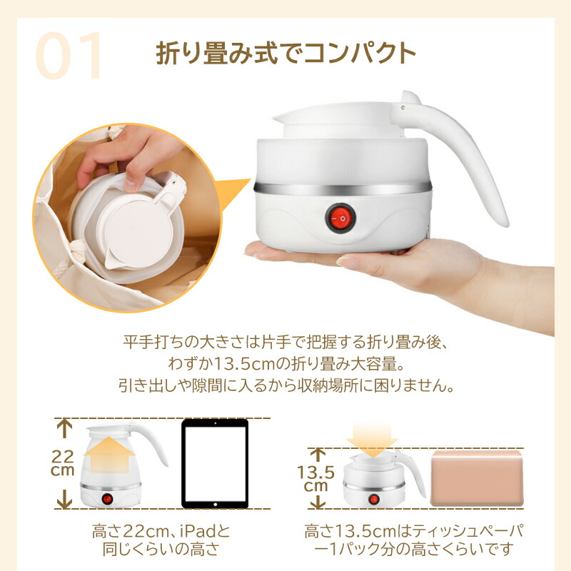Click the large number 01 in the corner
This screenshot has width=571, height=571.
pyautogui.click(x=68, y=56)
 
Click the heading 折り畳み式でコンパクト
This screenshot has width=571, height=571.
pyautogui.click(x=286, y=54)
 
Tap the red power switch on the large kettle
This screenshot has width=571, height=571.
pyautogui.click(x=340, y=218)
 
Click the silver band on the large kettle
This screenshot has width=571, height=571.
pyautogui.click(x=343, y=188)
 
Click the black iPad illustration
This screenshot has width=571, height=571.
pyautogui.click(x=215, y=463)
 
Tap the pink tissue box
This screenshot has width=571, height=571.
pyautogui.click(x=477, y=478)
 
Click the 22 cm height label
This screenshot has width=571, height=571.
pyautogui.click(x=63, y=463)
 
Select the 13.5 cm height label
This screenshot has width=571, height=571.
pyautogui.click(x=315, y=478)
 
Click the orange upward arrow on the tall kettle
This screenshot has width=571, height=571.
pyautogui.click(x=109, y=455)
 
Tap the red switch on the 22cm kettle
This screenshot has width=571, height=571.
pyautogui.click(x=107, y=498)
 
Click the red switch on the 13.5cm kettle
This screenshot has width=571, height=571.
pyautogui.click(x=373, y=499)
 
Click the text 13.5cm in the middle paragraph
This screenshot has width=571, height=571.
pyautogui.click(x=243, y=363)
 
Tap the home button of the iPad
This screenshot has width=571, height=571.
pyautogui.click(x=216, y=505)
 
